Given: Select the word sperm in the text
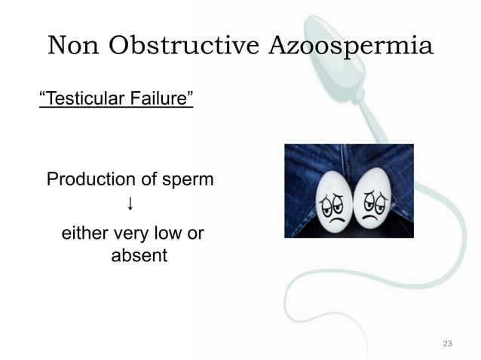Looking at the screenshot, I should coord(186,180).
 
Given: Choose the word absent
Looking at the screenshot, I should coord(139,256).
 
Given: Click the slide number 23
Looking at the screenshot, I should coord(447,344).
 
